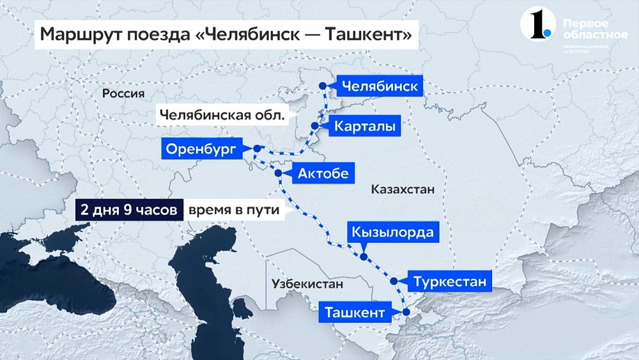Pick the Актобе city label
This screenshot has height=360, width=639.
click(323, 173)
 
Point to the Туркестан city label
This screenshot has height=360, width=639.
click(453, 281)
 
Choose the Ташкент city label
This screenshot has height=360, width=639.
click(355, 313)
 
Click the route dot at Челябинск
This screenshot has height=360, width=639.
click(323, 86)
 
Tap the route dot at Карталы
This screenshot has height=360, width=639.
click(314, 127)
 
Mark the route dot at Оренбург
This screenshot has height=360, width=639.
click(257, 149)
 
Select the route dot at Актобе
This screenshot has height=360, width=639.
click(278, 173)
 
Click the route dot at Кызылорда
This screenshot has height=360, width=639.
click(364, 257)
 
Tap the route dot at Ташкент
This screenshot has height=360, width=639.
click(405, 312)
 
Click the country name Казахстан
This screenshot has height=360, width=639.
click(403, 190)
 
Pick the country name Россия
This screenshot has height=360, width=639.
click(123, 93)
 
